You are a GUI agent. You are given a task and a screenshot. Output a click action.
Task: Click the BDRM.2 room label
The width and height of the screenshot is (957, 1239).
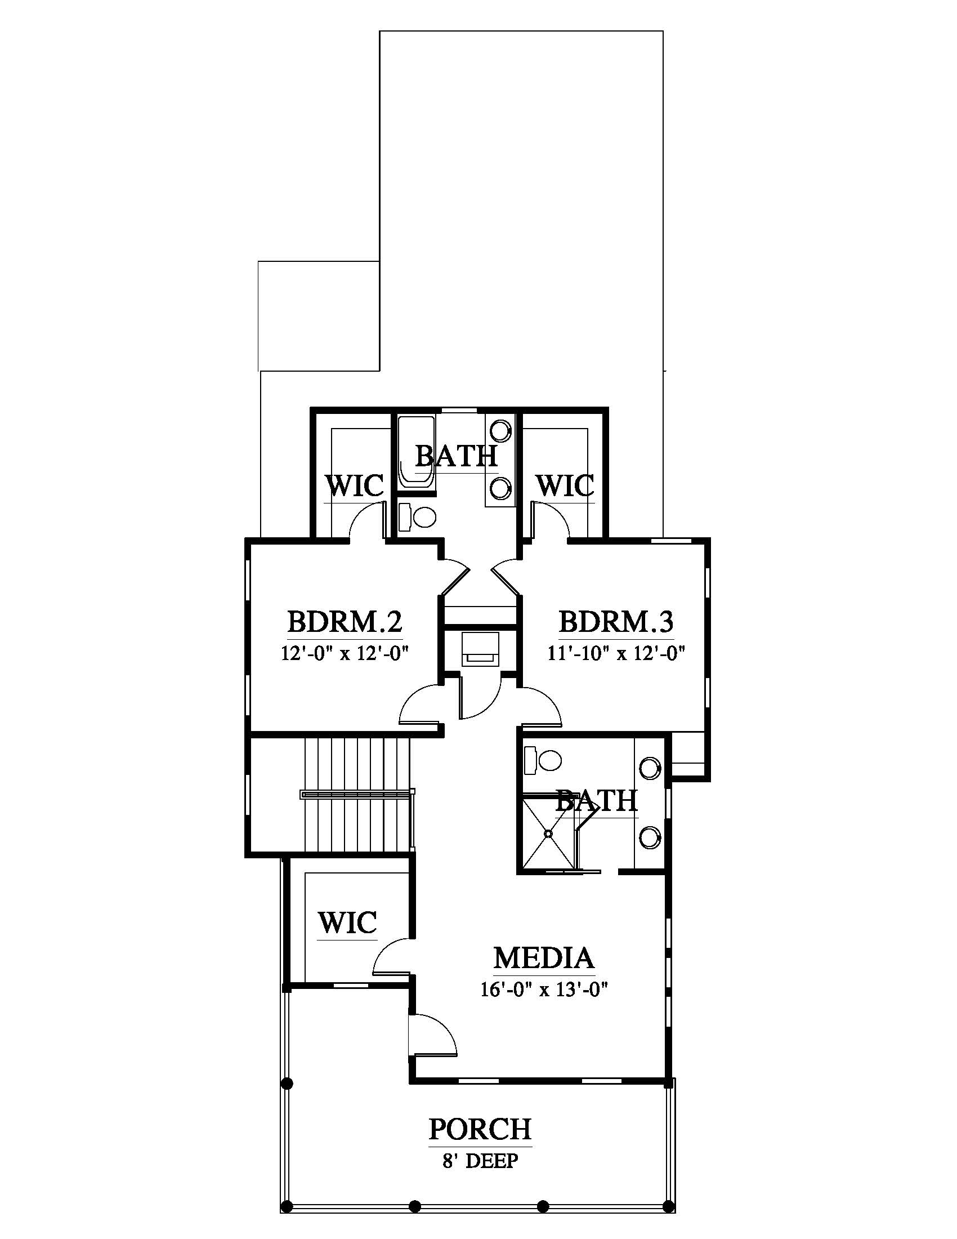(x=345, y=622)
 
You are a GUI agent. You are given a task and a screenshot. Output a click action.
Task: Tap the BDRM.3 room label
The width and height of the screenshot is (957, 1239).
(x=616, y=622)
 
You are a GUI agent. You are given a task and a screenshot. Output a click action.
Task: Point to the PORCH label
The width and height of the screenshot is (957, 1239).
(x=480, y=1129)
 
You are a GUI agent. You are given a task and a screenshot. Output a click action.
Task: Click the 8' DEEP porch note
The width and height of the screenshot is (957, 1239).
(x=480, y=1160)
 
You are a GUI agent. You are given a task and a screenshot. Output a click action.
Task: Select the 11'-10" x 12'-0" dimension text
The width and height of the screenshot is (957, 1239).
(x=616, y=653)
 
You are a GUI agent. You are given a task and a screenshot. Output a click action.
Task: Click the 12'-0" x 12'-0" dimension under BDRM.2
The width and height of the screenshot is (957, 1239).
(x=345, y=653)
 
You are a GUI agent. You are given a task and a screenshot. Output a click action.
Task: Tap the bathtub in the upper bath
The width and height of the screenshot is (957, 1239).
(x=416, y=453)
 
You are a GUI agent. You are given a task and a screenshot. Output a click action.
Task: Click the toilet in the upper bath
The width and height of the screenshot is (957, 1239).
(x=417, y=516)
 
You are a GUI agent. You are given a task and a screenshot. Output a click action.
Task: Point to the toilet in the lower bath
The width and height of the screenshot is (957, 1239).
(x=543, y=760)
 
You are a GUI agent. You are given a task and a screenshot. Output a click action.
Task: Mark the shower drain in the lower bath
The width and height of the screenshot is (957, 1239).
(x=548, y=834)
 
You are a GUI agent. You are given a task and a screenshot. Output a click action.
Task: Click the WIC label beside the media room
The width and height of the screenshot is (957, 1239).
(x=347, y=922)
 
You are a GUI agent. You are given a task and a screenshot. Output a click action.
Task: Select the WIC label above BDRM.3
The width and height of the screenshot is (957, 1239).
(x=565, y=485)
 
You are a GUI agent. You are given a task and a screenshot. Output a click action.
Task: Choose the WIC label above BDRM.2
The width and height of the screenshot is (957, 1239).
(x=355, y=485)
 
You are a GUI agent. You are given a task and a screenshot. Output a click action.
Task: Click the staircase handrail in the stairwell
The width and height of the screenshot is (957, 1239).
(x=357, y=794)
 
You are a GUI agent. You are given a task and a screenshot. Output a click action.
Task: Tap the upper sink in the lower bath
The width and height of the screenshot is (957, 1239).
(x=650, y=768)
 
